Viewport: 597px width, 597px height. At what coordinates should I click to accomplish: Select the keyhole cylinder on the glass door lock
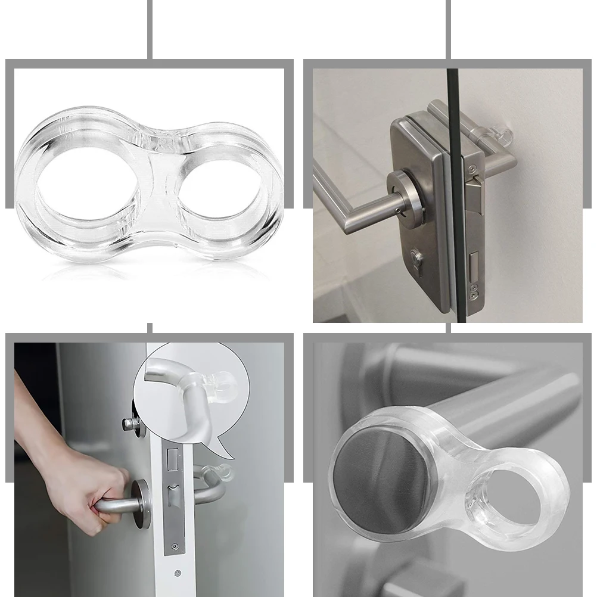[x=415, y=260]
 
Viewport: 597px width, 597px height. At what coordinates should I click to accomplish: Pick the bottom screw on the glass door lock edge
[x=472, y=291]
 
